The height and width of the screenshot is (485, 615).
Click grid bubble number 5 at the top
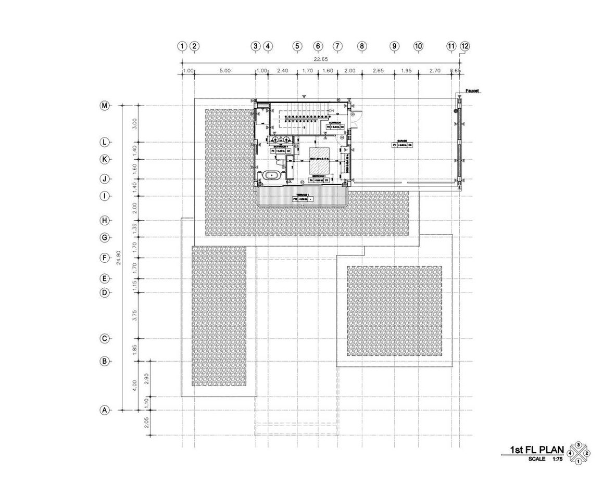pos(297,46)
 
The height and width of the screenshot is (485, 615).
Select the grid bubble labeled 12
pos(465,46)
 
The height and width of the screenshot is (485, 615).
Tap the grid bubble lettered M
pos(105,106)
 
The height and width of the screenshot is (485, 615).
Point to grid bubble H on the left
pos(105,220)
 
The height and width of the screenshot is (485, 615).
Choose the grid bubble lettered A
pos(105,410)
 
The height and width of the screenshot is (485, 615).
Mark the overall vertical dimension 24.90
pos(119,258)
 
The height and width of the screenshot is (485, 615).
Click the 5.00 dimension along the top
pos(224,70)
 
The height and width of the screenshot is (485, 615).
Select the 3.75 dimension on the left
pos(134,315)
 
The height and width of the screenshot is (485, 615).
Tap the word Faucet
pos(472,91)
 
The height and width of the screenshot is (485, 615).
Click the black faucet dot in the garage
pos(456,110)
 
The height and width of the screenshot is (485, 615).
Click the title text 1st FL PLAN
pos(536,450)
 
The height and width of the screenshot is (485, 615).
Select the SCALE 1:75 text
pos(545,459)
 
